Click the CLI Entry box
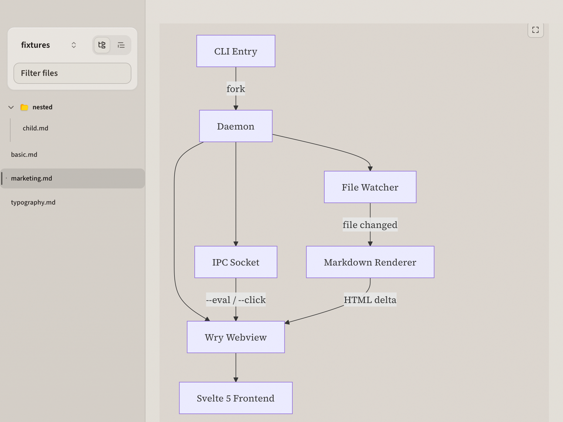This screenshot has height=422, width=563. (236, 51)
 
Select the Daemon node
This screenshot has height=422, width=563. (236, 126)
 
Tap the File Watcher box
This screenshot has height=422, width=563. (370, 187)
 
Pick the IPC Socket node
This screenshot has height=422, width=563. (236, 262)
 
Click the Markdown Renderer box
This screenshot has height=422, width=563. (370, 262)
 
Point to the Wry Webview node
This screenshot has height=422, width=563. (236, 337)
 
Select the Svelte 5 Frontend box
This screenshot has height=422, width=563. (236, 398)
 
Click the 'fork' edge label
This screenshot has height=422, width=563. (236, 89)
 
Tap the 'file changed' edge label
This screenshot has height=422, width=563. (370, 225)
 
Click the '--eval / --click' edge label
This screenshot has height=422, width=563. (236, 300)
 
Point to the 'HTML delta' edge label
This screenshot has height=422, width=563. (370, 300)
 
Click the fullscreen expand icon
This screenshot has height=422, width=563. (535, 30)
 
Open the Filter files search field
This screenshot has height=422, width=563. (72, 73)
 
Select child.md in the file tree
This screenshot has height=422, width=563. (35, 128)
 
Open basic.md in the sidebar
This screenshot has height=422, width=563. (24, 155)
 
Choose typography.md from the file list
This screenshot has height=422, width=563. (33, 203)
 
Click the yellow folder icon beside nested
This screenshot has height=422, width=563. (24, 107)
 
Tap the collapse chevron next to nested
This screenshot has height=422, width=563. (11, 107)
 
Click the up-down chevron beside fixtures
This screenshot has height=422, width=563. (74, 45)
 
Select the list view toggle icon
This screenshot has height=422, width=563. (121, 45)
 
